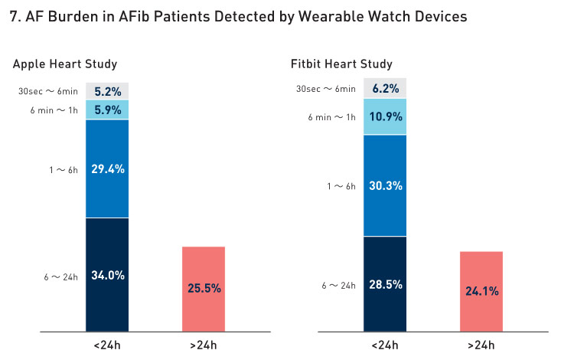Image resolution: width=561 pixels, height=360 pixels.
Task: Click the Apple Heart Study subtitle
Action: point(65,64)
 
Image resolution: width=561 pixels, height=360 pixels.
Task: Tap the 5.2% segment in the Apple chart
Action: point(107,91)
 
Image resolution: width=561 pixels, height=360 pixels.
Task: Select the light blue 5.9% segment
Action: point(107,110)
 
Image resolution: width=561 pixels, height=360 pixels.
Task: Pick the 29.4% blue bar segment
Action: point(107,169)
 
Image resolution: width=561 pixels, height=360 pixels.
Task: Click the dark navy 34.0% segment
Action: point(107,275)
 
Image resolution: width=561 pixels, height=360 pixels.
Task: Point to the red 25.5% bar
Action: point(204,288)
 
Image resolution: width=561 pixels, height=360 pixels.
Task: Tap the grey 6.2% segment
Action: point(385,88)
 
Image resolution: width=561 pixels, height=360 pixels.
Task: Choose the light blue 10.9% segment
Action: point(385,116)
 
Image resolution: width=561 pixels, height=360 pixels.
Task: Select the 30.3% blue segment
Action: point(385,185)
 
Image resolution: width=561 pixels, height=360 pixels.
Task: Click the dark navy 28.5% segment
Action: point(385,284)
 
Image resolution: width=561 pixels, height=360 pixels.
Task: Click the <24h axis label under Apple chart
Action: point(107,345)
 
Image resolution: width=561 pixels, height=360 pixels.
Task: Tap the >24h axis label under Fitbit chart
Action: point(481,345)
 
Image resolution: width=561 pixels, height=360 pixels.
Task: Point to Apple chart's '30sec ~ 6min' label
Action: point(48,92)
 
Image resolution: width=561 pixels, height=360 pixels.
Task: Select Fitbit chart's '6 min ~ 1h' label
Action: point(331,117)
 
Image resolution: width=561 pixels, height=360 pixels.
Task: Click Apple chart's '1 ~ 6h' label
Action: point(62,170)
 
